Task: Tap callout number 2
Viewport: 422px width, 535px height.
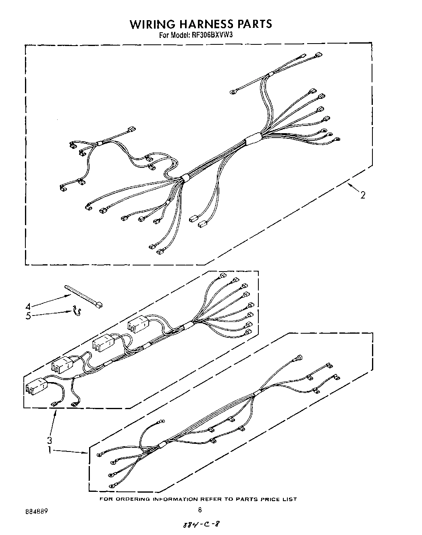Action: tap(363, 195)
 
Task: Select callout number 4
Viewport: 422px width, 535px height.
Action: tap(28, 306)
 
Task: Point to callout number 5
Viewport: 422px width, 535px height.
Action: tap(28, 316)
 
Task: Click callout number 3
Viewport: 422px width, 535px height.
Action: tap(49, 440)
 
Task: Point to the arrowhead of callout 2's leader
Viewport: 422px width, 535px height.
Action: tap(349, 185)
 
